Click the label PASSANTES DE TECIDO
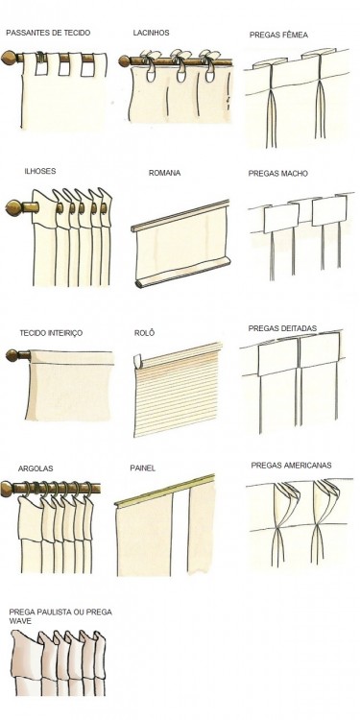(x=48, y=33)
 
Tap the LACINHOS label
(x=151, y=33)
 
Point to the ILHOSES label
(x=40, y=171)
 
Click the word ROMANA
(x=164, y=173)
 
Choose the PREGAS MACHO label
(x=277, y=174)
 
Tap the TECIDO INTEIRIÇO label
(x=51, y=333)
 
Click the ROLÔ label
(x=144, y=333)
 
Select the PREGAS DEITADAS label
(x=282, y=328)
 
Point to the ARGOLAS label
(x=36, y=468)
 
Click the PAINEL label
(x=142, y=468)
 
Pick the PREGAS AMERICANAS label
(x=291, y=466)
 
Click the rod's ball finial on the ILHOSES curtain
(x=13, y=208)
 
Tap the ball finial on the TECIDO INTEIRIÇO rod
(x=12, y=355)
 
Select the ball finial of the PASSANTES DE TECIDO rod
(x=9, y=58)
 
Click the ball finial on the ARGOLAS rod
(x=7, y=489)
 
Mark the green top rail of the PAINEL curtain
(x=165, y=491)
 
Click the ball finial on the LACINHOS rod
(x=124, y=61)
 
